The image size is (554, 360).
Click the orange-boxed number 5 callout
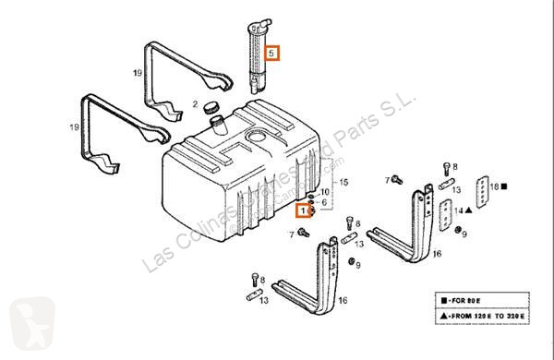(x=272, y=53)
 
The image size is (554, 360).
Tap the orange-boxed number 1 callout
(x=304, y=211)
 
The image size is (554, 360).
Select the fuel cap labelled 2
(x=211, y=107)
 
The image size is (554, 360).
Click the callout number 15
(x=343, y=182)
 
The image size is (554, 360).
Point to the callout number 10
(x=324, y=192)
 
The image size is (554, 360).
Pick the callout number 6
(x=324, y=202)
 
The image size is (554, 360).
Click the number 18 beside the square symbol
(x=494, y=186)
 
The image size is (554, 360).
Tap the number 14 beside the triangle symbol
(x=458, y=210)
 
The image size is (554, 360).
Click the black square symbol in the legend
(x=444, y=301)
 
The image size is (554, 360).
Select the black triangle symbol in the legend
(x=444, y=316)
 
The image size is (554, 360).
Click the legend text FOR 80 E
(x=466, y=301)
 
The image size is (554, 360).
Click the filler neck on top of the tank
(x=218, y=125)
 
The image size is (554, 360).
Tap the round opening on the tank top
(x=258, y=135)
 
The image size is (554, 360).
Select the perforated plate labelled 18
(x=482, y=191)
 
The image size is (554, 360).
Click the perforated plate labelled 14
(x=446, y=215)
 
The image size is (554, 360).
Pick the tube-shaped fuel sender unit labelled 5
(x=259, y=56)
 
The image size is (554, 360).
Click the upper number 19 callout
(x=138, y=73)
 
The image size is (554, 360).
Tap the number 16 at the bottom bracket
(x=343, y=300)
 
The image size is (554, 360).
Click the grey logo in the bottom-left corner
(x=31, y=324)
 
